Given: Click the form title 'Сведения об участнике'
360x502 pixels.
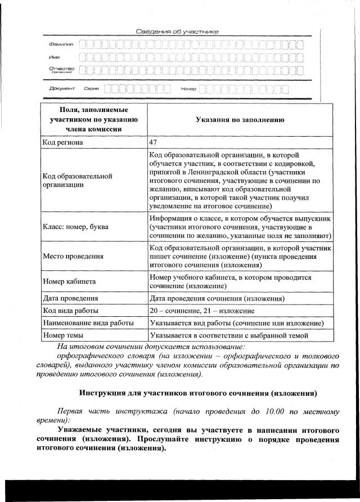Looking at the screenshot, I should (177, 32).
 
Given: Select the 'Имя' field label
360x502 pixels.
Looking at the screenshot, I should (54, 57).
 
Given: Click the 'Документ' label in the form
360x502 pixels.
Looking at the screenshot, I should (61, 88).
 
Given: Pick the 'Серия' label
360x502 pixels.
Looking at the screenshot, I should (91, 88).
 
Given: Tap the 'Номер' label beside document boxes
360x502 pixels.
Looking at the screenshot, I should (188, 89).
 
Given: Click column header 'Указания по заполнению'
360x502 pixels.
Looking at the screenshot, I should (240, 120).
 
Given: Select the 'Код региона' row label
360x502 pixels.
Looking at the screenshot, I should (63, 142).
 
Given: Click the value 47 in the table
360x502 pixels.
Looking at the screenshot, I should (154, 142).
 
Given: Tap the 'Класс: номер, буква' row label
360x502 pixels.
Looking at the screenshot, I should (76, 227).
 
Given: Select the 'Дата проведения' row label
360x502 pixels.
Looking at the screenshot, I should (71, 298).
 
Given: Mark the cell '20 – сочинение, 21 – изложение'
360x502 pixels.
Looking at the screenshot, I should (202, 311).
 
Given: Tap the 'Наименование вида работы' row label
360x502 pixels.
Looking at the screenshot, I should (88, 323).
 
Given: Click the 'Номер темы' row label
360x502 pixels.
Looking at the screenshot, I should (63, 335).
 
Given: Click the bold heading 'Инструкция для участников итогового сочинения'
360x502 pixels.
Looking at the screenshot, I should (198, 392).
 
